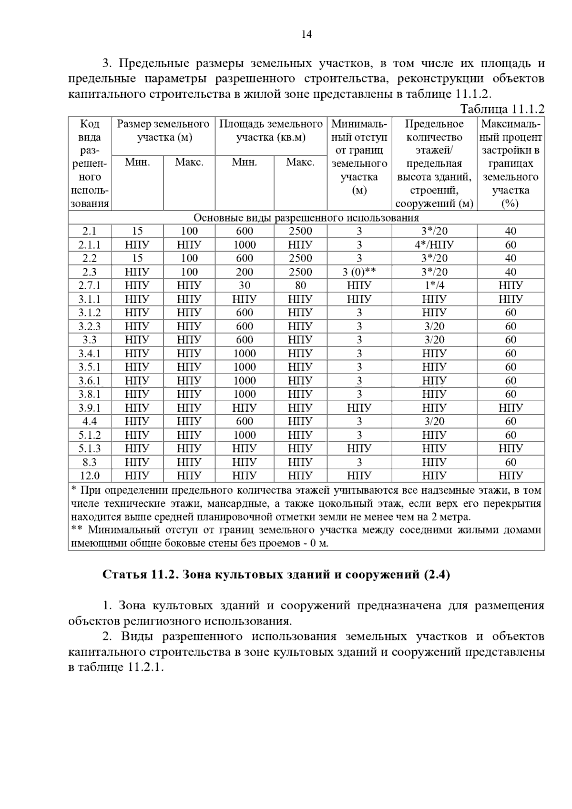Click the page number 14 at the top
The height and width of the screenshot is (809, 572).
click(x=306, y=34)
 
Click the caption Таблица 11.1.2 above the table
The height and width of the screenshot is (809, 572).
click(x=502, y=109)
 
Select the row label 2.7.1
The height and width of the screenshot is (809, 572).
click(x=90, y=285)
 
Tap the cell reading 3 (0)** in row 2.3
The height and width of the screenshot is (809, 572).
click(x=359, y=272)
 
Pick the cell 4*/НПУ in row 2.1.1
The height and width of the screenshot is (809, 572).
click(x=434, y=245)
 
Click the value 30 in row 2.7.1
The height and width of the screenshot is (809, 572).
click(x=245, y=285)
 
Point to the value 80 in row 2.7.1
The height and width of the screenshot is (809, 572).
click(x=300, y=285)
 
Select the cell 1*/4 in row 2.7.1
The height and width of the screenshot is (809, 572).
click(x=434, y=285)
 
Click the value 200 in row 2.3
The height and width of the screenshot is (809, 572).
click(x=245, y=272)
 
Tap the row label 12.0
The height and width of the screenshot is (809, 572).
click(x=90, y=475)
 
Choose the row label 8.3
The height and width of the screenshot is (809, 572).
click(x=90, y=462)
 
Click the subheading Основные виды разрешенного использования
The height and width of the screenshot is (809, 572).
click(x=306, y=218)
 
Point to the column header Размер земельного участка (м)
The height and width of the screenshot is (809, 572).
click(x=163, y=131)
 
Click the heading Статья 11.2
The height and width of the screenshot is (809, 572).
click(x=140, y=575)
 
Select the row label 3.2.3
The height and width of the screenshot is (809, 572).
click(x=90, y=326)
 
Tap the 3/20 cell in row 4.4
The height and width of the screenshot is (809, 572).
click(x=434, y=421)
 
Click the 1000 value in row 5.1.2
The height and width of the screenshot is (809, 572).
click(x=245, y=435)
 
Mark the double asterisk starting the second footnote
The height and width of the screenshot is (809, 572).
click(x=76, y=529)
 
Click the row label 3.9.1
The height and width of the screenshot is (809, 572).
click(x=90, y=408)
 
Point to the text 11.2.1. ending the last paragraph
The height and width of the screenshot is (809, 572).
click(x=145, y=667)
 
